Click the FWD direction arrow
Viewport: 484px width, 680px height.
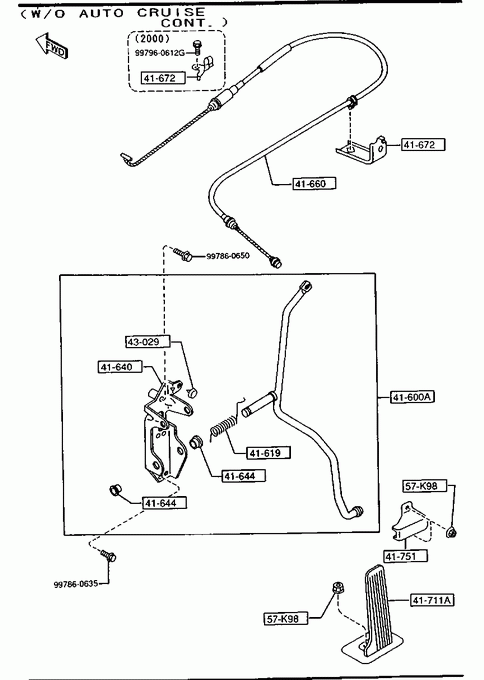coord(51,46)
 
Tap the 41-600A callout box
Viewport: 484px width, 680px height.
coord(412,397)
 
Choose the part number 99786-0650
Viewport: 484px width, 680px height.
coord(228,256)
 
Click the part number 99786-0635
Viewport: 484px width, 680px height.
coord(75,584)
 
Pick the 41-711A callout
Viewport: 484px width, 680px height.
coord(432,600)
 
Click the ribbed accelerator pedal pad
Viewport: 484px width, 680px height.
coord(378,608)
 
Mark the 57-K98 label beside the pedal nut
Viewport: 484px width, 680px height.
coord(286,618)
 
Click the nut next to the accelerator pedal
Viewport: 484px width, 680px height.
coord(336,587)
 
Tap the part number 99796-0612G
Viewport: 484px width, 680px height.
coord(160,53)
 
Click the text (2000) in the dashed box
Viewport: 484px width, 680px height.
coord(153,39)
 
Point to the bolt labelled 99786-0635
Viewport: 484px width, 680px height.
coord(108,556)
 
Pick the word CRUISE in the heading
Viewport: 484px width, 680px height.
coord(171,12)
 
